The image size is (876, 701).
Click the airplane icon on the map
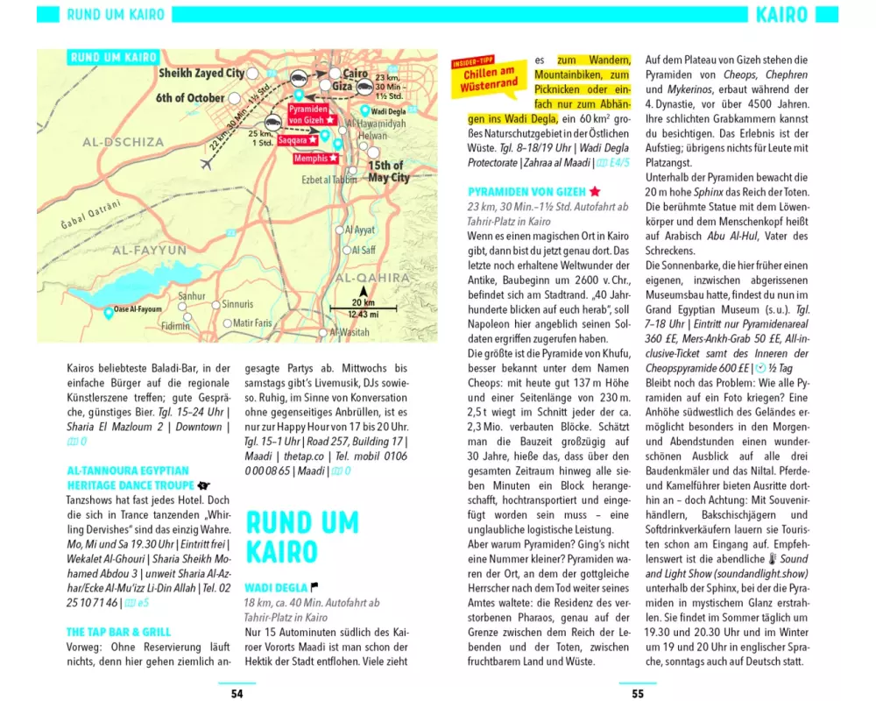tap(208, 164)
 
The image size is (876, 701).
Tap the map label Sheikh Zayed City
tap(201, 74)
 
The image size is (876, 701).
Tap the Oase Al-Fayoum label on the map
tap(138, 309)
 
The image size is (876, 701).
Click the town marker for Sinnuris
tap(216, 304)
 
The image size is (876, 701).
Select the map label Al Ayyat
tap(360, 230)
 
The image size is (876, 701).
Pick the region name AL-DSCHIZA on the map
tap(124, 142)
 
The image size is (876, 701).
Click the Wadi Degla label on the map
tap(386, 113)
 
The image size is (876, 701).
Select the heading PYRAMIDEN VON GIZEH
tap(526, 190)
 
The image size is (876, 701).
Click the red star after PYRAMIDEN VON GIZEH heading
tap(595, 190)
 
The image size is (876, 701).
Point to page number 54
tap(237, 693)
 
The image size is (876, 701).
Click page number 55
tap(638, 693)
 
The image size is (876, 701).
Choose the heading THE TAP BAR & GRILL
tap(119, 632)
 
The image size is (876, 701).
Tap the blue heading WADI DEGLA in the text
tap(276, 587)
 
